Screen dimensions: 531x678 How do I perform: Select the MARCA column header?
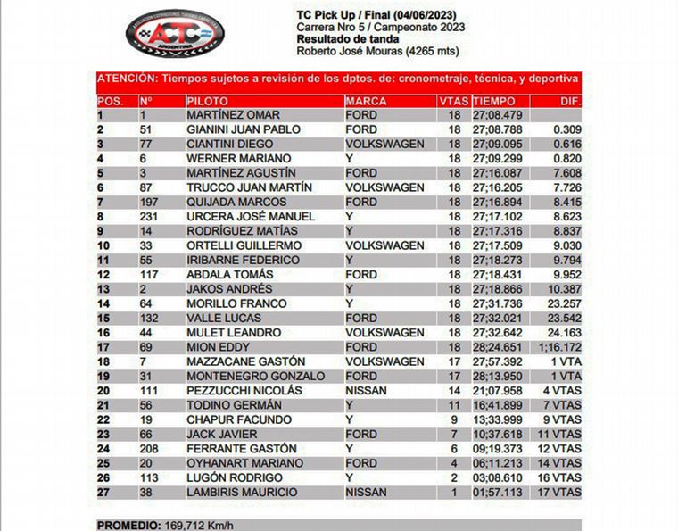coord(365,101)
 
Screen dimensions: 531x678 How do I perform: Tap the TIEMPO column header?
coord(494,101)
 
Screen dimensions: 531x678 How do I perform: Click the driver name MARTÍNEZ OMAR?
coord(233,115)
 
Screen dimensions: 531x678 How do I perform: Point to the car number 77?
coord(147,144)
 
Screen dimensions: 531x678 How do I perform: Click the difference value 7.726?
coord(566,187)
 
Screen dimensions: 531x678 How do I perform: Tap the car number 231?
coord(150,216)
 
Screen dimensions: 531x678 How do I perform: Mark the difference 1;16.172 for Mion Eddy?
coord(559,346)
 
